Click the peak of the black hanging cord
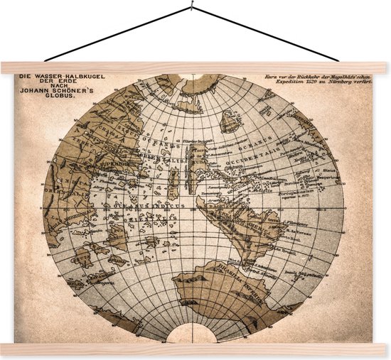[191, 9]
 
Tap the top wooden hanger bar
[195, 68]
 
